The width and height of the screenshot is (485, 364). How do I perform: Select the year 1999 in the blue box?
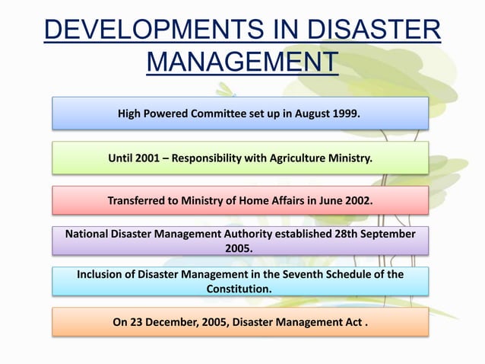click(x=346, y=114)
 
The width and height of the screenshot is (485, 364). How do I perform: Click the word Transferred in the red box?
click(x=139, y=202)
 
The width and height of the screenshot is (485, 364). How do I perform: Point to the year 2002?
click(x=357, y=202)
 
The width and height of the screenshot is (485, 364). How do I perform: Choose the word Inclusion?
click(x=102, y=274)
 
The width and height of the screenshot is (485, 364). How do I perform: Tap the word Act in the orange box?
click(x=352, y=321)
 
